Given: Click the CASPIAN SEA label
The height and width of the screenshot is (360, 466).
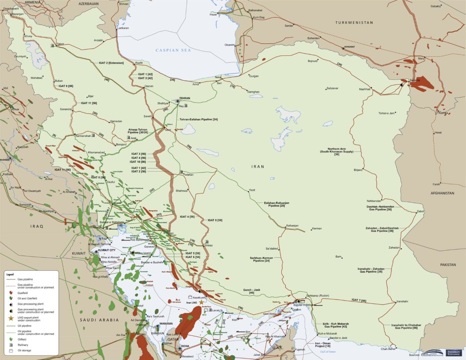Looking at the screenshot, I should coord(173,50).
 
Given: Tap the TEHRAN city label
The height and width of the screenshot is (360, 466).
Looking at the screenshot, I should coord(185,98).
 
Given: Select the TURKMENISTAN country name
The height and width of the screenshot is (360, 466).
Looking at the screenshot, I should coord(354,23).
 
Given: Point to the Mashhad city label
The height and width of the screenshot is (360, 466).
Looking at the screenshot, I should coord(364,89).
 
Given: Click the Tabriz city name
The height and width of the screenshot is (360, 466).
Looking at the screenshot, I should coord(60,44).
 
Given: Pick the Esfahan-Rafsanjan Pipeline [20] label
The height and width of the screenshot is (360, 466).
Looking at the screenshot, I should coord(277,204).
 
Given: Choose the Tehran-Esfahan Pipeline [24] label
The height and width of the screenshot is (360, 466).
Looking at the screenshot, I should coord(199,119).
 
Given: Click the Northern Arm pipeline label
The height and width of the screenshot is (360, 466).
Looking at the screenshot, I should coord(337,151).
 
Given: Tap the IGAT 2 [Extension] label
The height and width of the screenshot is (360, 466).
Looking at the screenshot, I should coord(111,63).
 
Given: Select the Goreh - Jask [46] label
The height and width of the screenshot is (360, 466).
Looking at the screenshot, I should coord(252,291).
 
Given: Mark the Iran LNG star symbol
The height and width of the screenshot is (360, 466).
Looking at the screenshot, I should coord(201,302).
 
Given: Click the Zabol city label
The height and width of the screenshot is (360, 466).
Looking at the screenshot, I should coord(420,211).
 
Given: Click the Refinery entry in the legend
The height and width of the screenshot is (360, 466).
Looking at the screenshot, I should coord(23,345).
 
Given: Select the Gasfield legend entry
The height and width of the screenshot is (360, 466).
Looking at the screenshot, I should coord(23,293).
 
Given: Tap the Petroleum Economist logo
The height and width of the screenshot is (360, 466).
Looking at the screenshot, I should coord(453,353).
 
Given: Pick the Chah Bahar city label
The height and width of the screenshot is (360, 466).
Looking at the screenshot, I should coord(388,349).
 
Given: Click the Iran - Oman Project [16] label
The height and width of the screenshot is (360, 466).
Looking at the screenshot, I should coord(323,345).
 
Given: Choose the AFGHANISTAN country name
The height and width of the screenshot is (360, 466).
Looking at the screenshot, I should coord(442,193).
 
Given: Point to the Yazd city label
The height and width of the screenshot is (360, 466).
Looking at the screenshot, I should coord(252,190).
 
